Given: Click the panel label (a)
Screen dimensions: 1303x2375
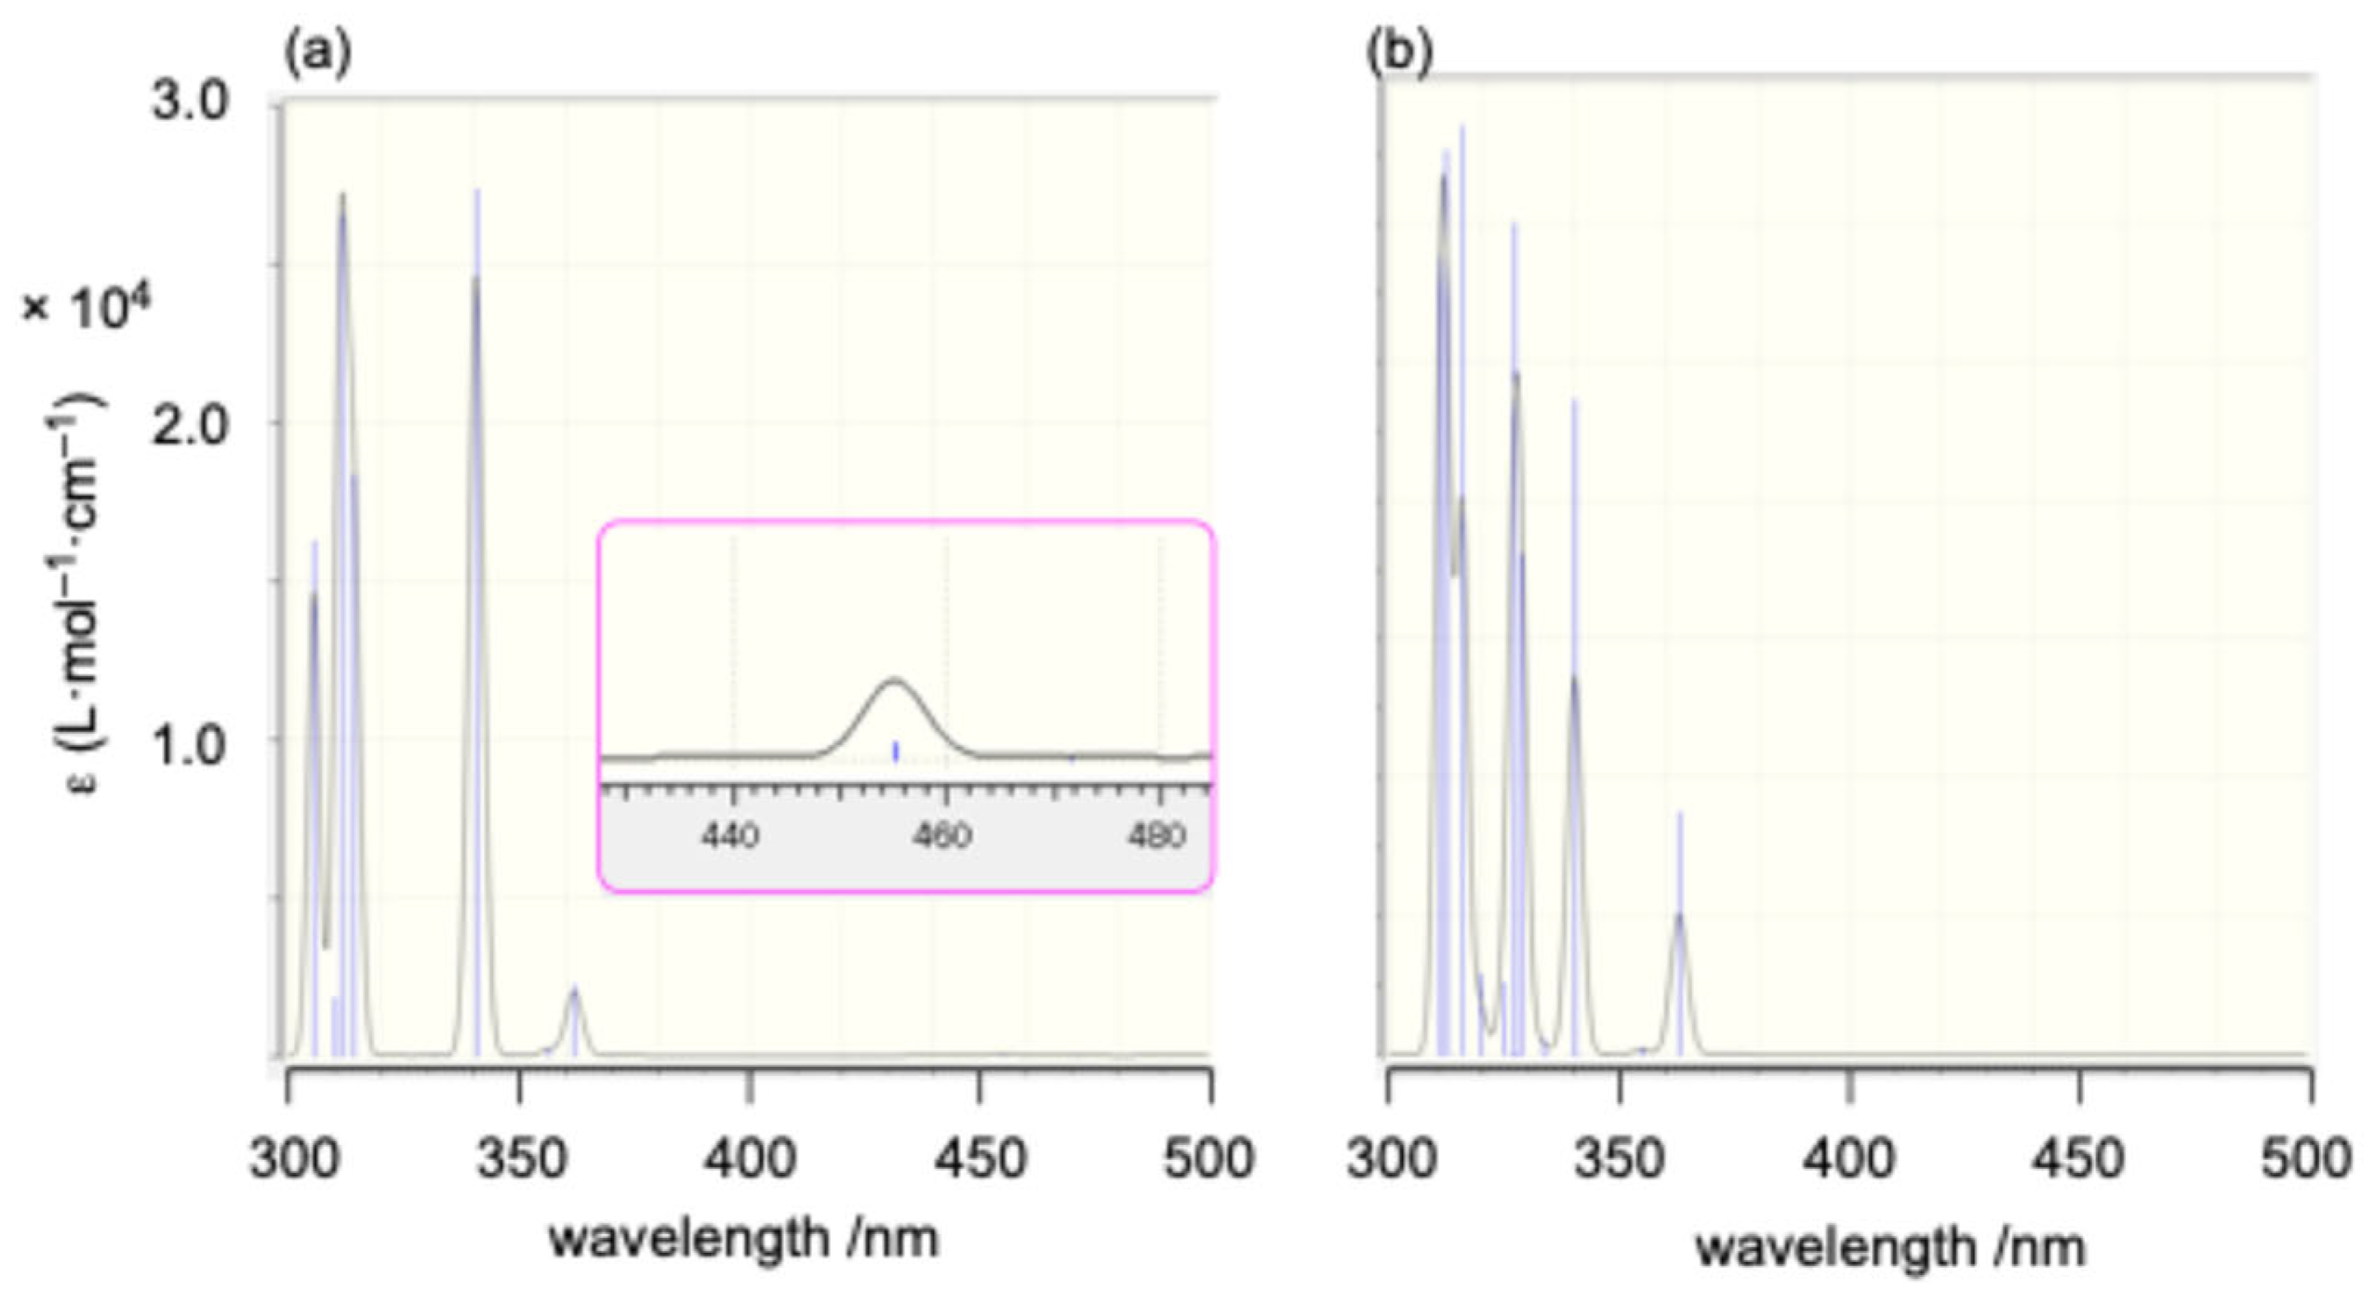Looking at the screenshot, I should [x=317, y=56].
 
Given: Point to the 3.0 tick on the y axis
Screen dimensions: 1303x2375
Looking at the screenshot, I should [x=190, y=100].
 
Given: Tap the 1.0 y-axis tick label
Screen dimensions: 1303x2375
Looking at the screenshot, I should [x=190, y=744].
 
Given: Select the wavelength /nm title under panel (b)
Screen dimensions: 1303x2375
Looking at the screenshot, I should [x=1890, y=1247].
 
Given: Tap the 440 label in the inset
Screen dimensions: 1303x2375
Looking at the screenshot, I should [x=731, y=835].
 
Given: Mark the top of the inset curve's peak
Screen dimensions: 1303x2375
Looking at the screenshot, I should [x=895, y=680].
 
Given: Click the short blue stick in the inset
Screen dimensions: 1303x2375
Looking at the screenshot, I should [x=896, y=751].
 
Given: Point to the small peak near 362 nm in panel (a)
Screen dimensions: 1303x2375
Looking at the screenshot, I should [x=575, y=990].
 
